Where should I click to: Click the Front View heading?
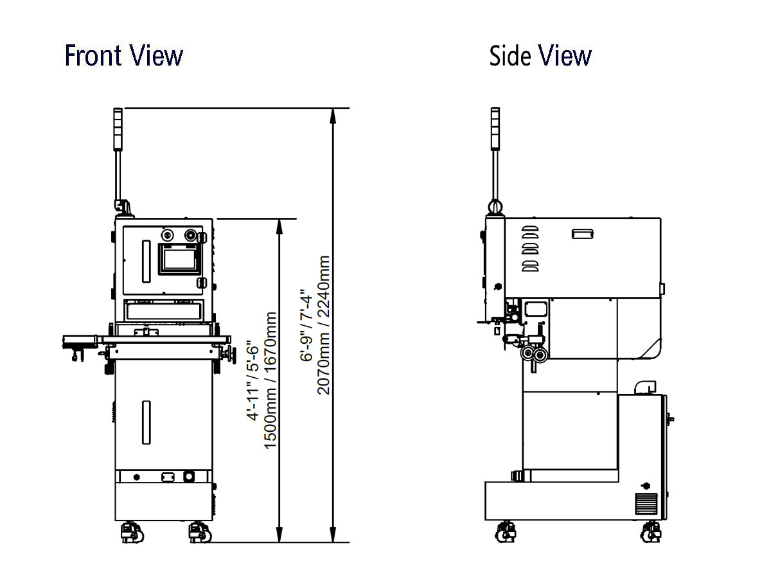[x=123, y=55]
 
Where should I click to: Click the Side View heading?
[x=540, y=55]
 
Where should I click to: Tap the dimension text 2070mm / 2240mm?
[x=324, y=325]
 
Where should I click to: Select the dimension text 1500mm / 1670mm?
[x=270, y=380]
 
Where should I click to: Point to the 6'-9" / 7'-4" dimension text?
[x=306, y=325]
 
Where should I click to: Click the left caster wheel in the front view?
[x=132, y=533]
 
